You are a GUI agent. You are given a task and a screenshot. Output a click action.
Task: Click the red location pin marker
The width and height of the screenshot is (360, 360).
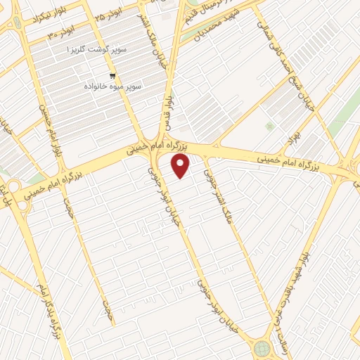tap(181, 166)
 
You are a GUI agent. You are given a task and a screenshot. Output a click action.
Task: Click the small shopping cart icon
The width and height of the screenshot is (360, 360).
tap(112, 75)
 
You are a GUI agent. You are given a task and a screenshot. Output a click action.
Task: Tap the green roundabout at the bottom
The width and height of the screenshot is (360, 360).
tap(262, 347)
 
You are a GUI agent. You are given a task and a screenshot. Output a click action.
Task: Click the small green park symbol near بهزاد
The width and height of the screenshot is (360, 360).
tap(269, 127)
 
